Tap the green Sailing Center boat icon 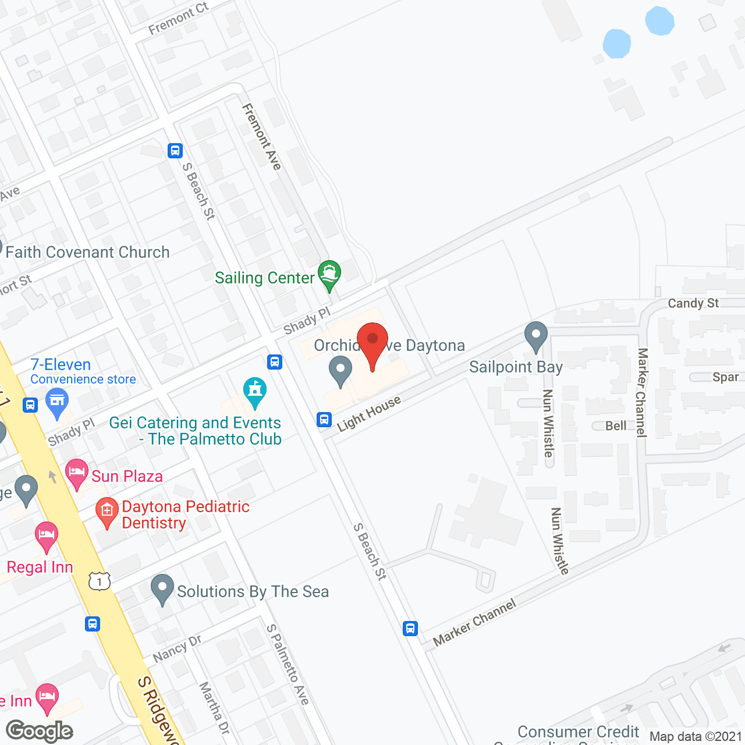[x=329, y=274]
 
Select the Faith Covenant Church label [x=87, y=253]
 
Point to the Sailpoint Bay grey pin [x=535, y=336]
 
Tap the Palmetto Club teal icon [x=255, y=392]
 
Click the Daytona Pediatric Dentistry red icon [x=107, y=512]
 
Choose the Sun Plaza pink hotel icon [x=77, y=473]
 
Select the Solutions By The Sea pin [x=162, y=588]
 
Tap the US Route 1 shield [x=100, y=581]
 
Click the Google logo [x=39, y=731]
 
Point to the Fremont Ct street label [x=178, y=19]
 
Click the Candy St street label [x=693, y=303]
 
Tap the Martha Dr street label [x=214, y=708]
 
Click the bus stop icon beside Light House [x=324, y=419]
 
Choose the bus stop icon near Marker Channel [x=410, y=629]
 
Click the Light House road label [x=369, y=413]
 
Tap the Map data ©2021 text [x=696, y=737]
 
